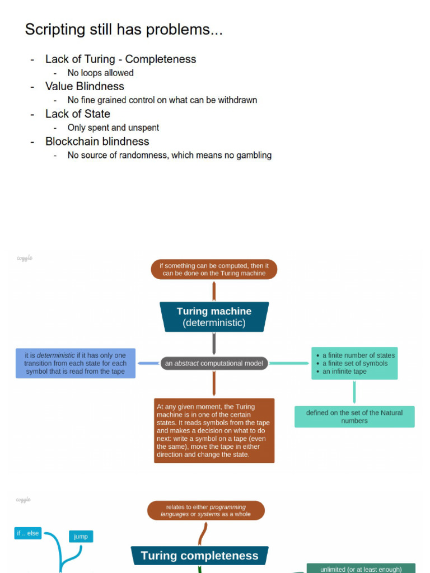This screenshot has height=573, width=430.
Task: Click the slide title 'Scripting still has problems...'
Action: pos(124,30)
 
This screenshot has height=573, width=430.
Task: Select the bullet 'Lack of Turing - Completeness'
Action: pos(120,59)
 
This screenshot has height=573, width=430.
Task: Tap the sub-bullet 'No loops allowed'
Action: pos(100,73)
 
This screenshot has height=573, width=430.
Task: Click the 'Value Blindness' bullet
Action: pos(85,86)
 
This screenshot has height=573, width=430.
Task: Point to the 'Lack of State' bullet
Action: pos(77,114)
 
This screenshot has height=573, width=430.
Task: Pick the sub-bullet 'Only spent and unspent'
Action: pos(113,128)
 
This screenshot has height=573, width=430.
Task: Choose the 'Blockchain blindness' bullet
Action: pos(97,141)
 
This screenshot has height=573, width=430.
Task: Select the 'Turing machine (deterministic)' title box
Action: pos(214,317)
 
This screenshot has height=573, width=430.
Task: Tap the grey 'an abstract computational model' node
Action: pos(213,363)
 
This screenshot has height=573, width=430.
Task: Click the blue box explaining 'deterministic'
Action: pos(75,363)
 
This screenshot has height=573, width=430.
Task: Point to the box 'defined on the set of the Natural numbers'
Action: pos(354,416)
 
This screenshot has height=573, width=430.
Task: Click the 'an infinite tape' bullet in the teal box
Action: pos(344,372)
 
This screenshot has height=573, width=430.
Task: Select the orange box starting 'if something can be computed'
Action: pos(214,269)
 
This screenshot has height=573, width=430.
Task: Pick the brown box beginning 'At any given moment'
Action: pos(214,430)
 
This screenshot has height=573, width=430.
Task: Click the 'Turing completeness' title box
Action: pos(199,556)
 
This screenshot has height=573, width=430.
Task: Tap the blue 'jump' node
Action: pos(81,536)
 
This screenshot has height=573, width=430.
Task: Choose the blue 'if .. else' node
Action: pos(27,533)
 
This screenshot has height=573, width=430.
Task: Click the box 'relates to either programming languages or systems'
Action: pos(205,510)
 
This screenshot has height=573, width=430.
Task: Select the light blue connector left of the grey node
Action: pos(149,363)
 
